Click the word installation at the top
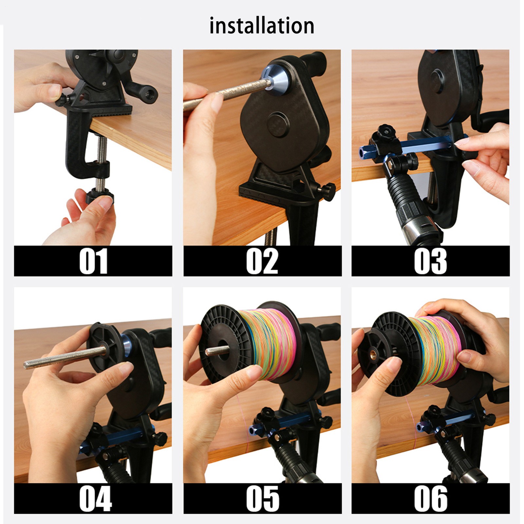262,26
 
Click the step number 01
93,261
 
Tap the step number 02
262,261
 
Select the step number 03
430,261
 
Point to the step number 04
95,498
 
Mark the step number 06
430,498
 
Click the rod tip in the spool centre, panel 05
210,352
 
